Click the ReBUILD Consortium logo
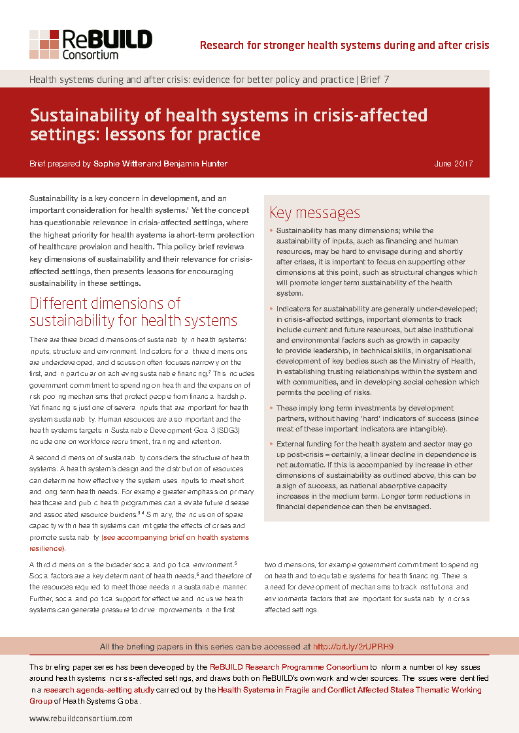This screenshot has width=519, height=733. click(91, 44)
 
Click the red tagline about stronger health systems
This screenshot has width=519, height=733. click(344, 45)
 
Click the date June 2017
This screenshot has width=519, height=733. click(453, 164)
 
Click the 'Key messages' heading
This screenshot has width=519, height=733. click(314, 213)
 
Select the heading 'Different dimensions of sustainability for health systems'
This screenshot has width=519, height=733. click(133, 312)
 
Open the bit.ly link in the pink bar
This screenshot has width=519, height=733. click(353, 647)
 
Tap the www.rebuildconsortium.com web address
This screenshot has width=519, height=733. click(81, 719)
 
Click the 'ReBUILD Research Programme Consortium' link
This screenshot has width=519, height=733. click(289, 667)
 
